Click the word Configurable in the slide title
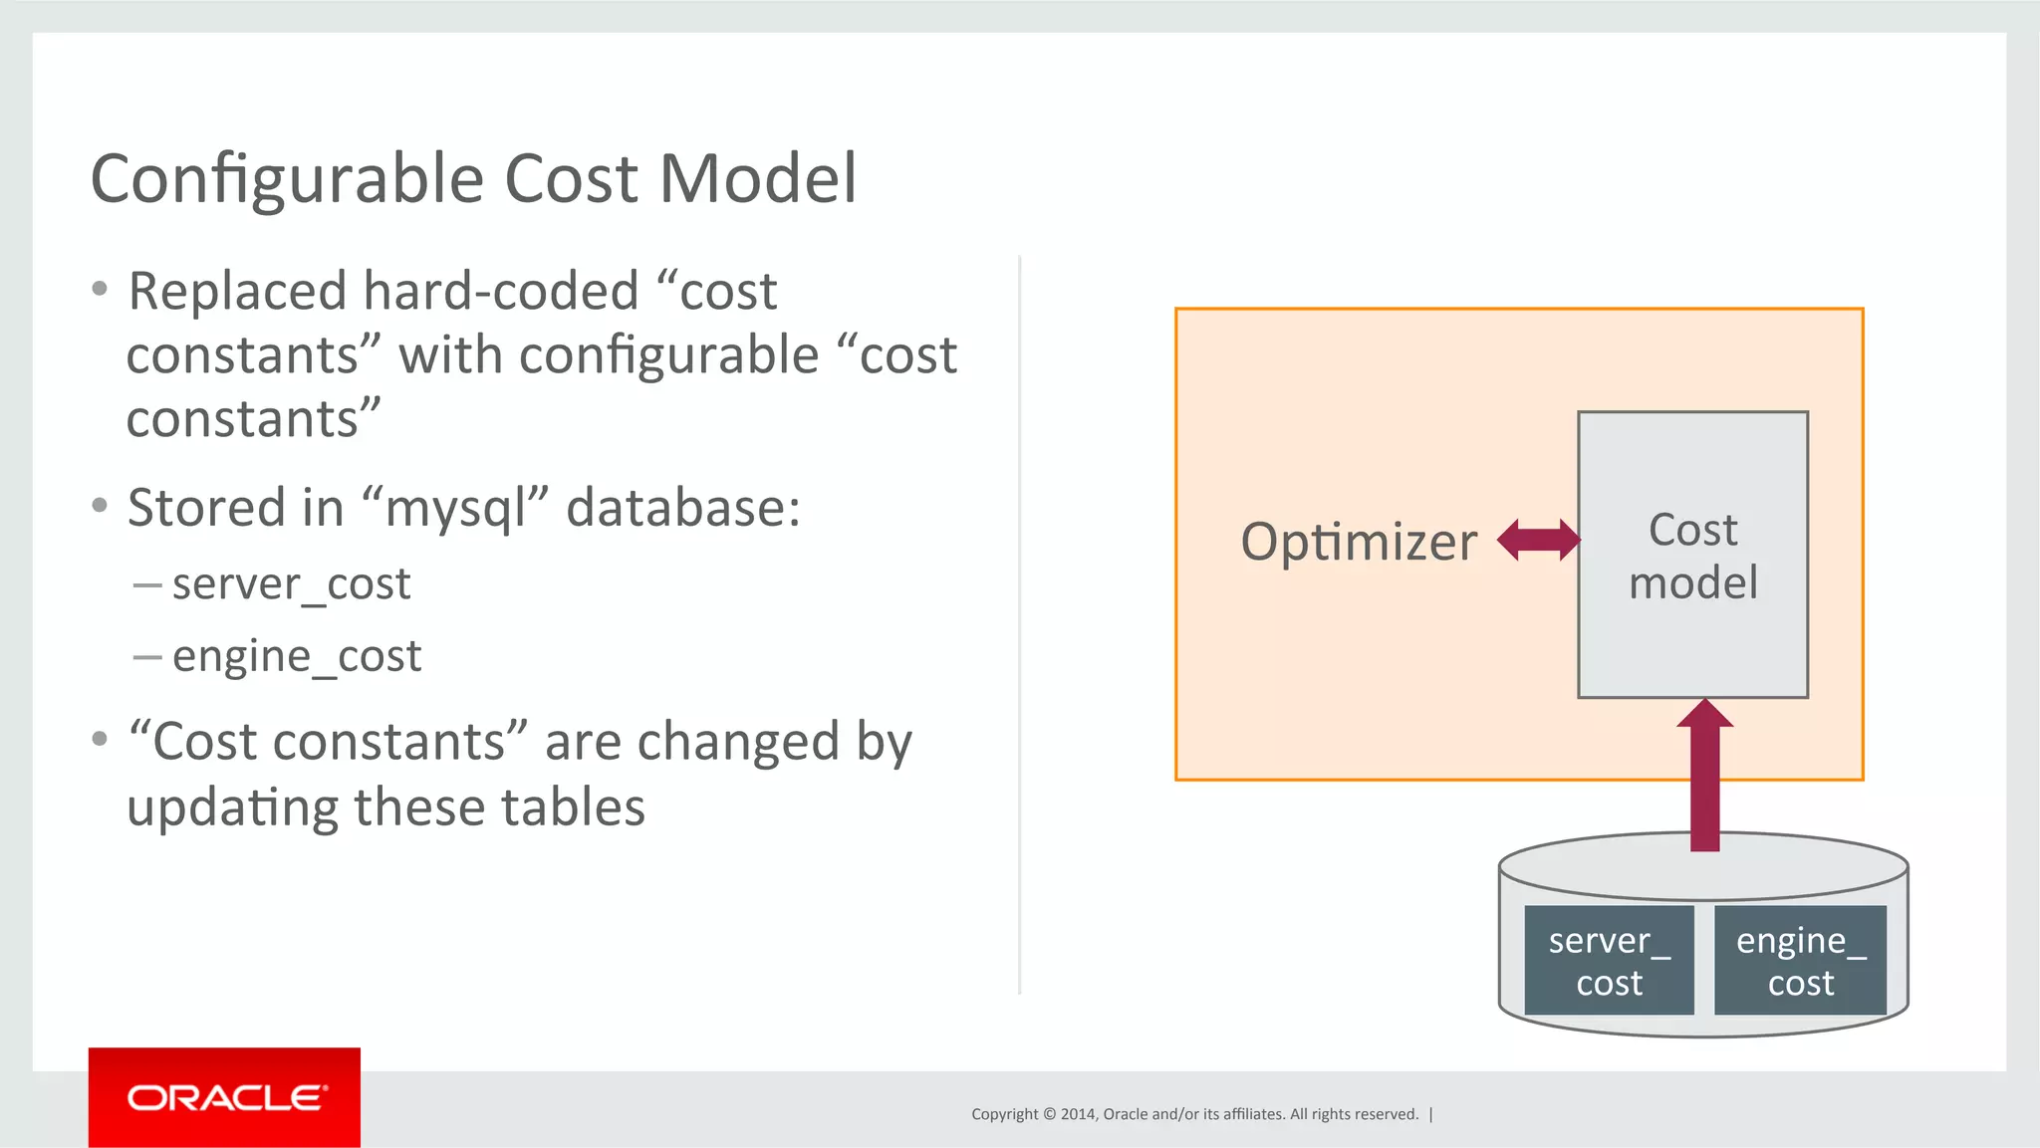click(x=289, y=180)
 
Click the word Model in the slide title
click(x=757, y=178)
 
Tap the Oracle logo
click(x=224, y=1097)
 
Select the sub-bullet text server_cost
click(x=291, y=583)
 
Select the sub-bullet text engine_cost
click(x=297, y=656)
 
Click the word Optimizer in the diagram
click(x=1359, y=542)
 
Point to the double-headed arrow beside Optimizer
click(x=1538, y=541)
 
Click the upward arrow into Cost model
click(x=1704, y=777)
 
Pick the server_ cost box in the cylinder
click(x=1609, y=961)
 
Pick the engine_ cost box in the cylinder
click(x=1800, y=961)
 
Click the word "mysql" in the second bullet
click(x=456, y=509)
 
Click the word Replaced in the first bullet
click(x=237, y=292)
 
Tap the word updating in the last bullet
click(x=232, y=807)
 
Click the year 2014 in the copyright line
click(x=1077, y=1114)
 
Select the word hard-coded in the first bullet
click(x=500, y=292)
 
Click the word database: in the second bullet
click(x=683, y=508)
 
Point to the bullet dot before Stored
click(x=100, y=506)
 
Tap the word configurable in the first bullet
click(x=668, y=356)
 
